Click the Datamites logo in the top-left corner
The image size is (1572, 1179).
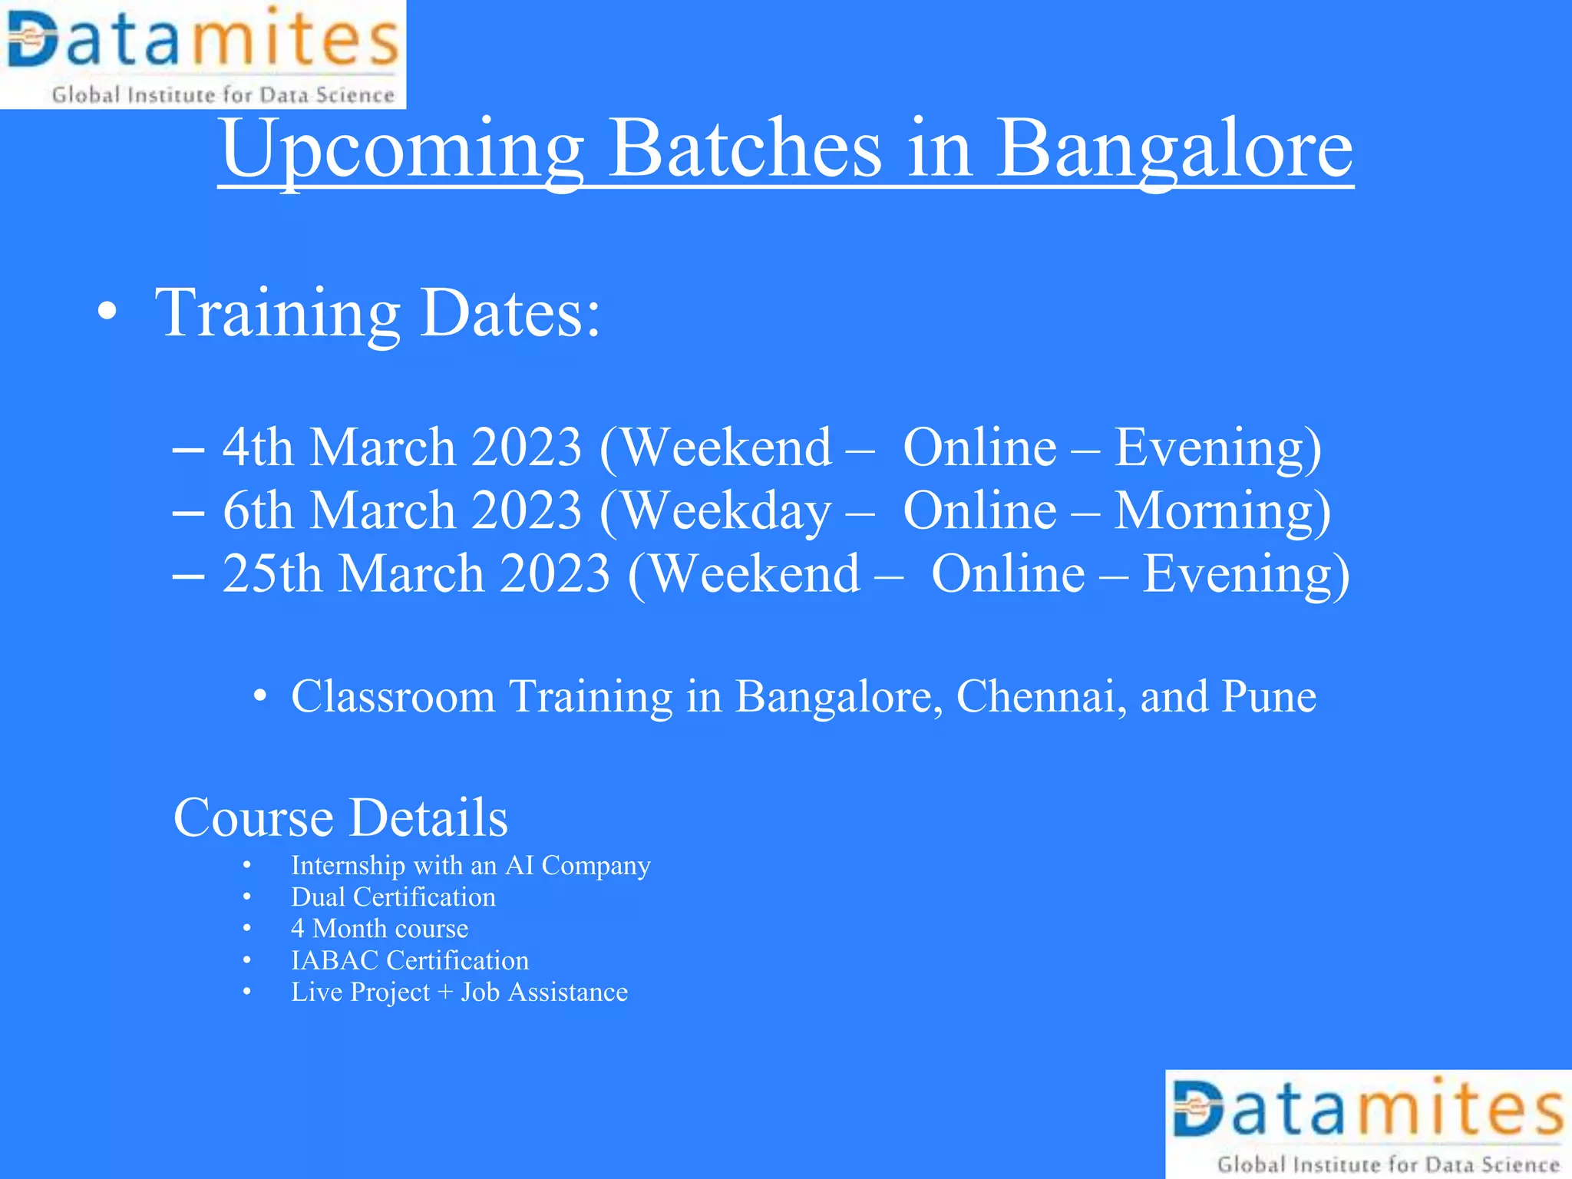[203, 54]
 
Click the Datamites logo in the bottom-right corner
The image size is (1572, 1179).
[1369, 1125]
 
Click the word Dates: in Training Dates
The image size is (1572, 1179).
[510, 313]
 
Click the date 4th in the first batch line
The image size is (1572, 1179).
[258, 447]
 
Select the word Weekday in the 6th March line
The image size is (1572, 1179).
[726, 511]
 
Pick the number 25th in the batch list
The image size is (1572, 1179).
[272, 574]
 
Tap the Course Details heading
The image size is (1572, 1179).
[340, 817]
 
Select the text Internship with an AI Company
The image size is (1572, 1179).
[471, 866]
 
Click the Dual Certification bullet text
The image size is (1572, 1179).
[393, 897]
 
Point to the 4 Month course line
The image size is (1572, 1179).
[379, 929]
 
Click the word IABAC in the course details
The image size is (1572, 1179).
[335, 961]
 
